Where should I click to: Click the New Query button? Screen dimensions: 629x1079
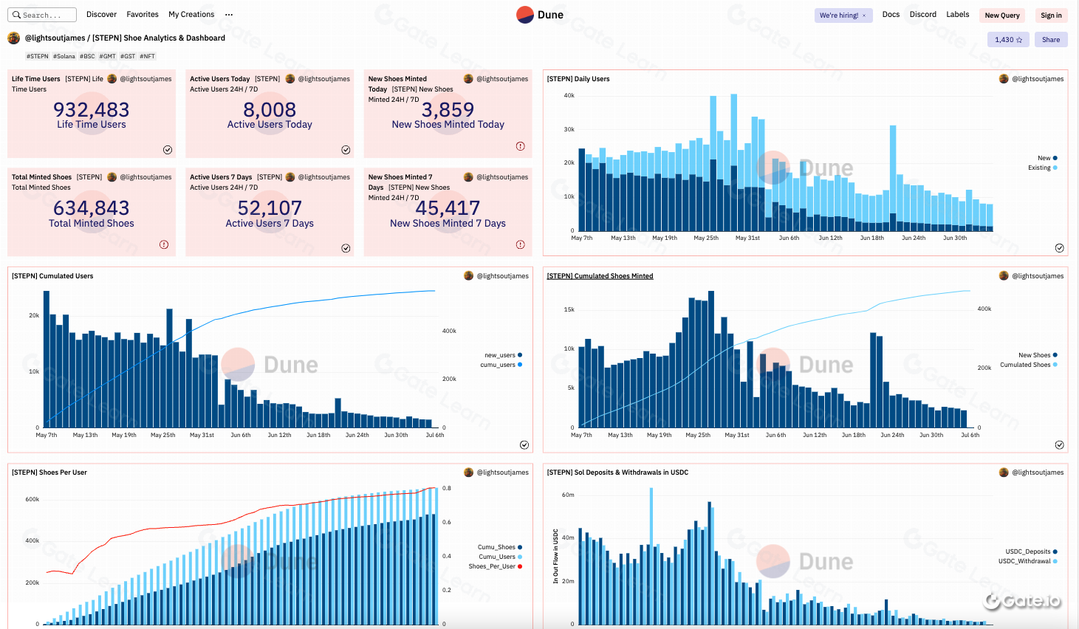(1001, 16)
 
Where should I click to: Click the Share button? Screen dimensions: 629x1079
(1050, 40)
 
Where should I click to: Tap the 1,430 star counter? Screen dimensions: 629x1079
(1008, 40)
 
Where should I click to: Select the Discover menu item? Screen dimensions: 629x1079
(101, 15)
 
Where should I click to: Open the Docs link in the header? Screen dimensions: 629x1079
(891, 15)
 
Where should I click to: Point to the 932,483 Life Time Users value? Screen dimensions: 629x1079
(92, 110)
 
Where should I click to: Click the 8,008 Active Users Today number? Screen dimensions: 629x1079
(270, 110)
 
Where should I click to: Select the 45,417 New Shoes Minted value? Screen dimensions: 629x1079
(448, 208)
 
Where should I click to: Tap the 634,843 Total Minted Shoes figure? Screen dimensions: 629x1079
(92, 208)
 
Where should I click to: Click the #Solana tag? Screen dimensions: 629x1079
(64, 56)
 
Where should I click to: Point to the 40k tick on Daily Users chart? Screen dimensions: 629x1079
(569, 95)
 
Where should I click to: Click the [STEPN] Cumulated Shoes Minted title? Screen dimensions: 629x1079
(600, 276)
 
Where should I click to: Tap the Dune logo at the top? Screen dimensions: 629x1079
(540, 15)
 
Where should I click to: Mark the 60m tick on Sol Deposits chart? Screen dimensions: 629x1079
(568, 495)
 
